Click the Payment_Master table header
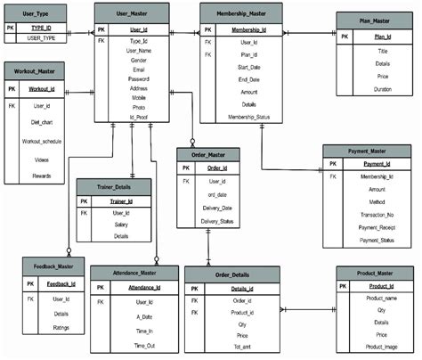pyautogui.click(x=367, y=150)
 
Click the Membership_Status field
pyautogui.click(x=248, y=116)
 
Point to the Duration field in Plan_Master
pyautogui.click(x=383, y=90)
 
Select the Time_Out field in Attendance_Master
pyautogui.click(x=144, y=344)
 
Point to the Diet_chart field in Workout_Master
pyautogui.click(x=42, y=124)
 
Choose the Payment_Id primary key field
pyautogui.click(x=378, y=164)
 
